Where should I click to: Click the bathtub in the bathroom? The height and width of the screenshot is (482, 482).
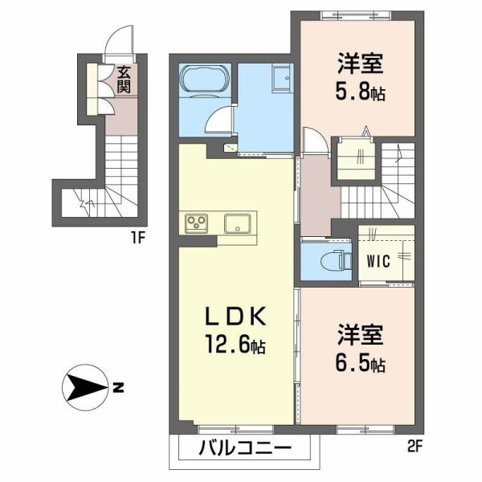(206, 79)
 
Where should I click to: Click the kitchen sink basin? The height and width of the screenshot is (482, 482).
(237, 223)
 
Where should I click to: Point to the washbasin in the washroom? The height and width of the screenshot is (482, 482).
(281, 78)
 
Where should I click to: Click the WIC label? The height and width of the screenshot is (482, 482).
(378, 261)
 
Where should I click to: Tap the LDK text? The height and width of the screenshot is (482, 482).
(235, 317)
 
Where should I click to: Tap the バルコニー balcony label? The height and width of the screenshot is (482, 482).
(245, 448)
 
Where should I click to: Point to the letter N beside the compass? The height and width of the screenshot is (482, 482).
(118, 387)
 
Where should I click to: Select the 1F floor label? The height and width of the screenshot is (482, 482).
(137, 239)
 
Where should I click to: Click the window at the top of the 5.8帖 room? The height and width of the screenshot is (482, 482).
(357, 15)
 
